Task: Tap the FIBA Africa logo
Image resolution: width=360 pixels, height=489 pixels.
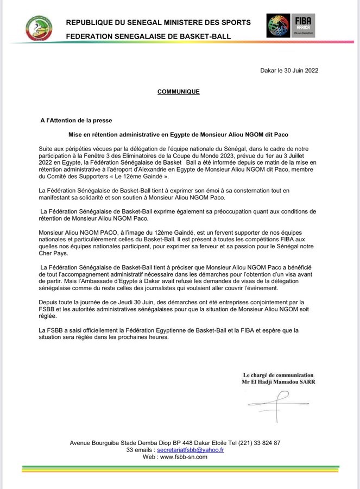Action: (x=290, y=26)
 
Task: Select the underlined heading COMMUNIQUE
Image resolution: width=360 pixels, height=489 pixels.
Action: (x=179, y=92)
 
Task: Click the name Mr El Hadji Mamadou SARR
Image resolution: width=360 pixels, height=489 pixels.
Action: (x=277, y=382)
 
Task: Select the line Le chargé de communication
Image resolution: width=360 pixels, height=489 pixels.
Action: (x=277, y=375)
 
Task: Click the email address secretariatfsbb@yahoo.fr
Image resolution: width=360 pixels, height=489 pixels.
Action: (x=190, y=450)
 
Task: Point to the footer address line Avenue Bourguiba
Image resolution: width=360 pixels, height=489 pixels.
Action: (x=175, y=443)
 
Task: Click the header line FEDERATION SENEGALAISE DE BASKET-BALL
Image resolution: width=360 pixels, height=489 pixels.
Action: (x=148, y=36)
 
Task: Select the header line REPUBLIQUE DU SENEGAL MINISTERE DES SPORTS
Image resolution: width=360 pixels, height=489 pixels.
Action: (x=158, y=22)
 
